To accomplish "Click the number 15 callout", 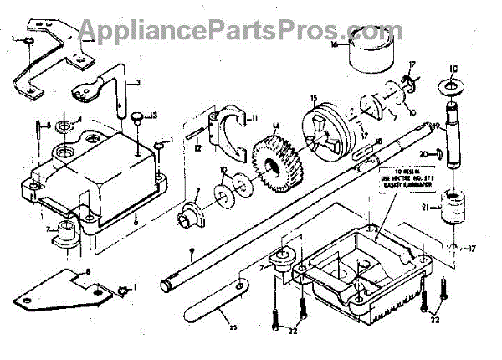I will [x=312, y=99].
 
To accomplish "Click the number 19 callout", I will [x=436, y=125].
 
